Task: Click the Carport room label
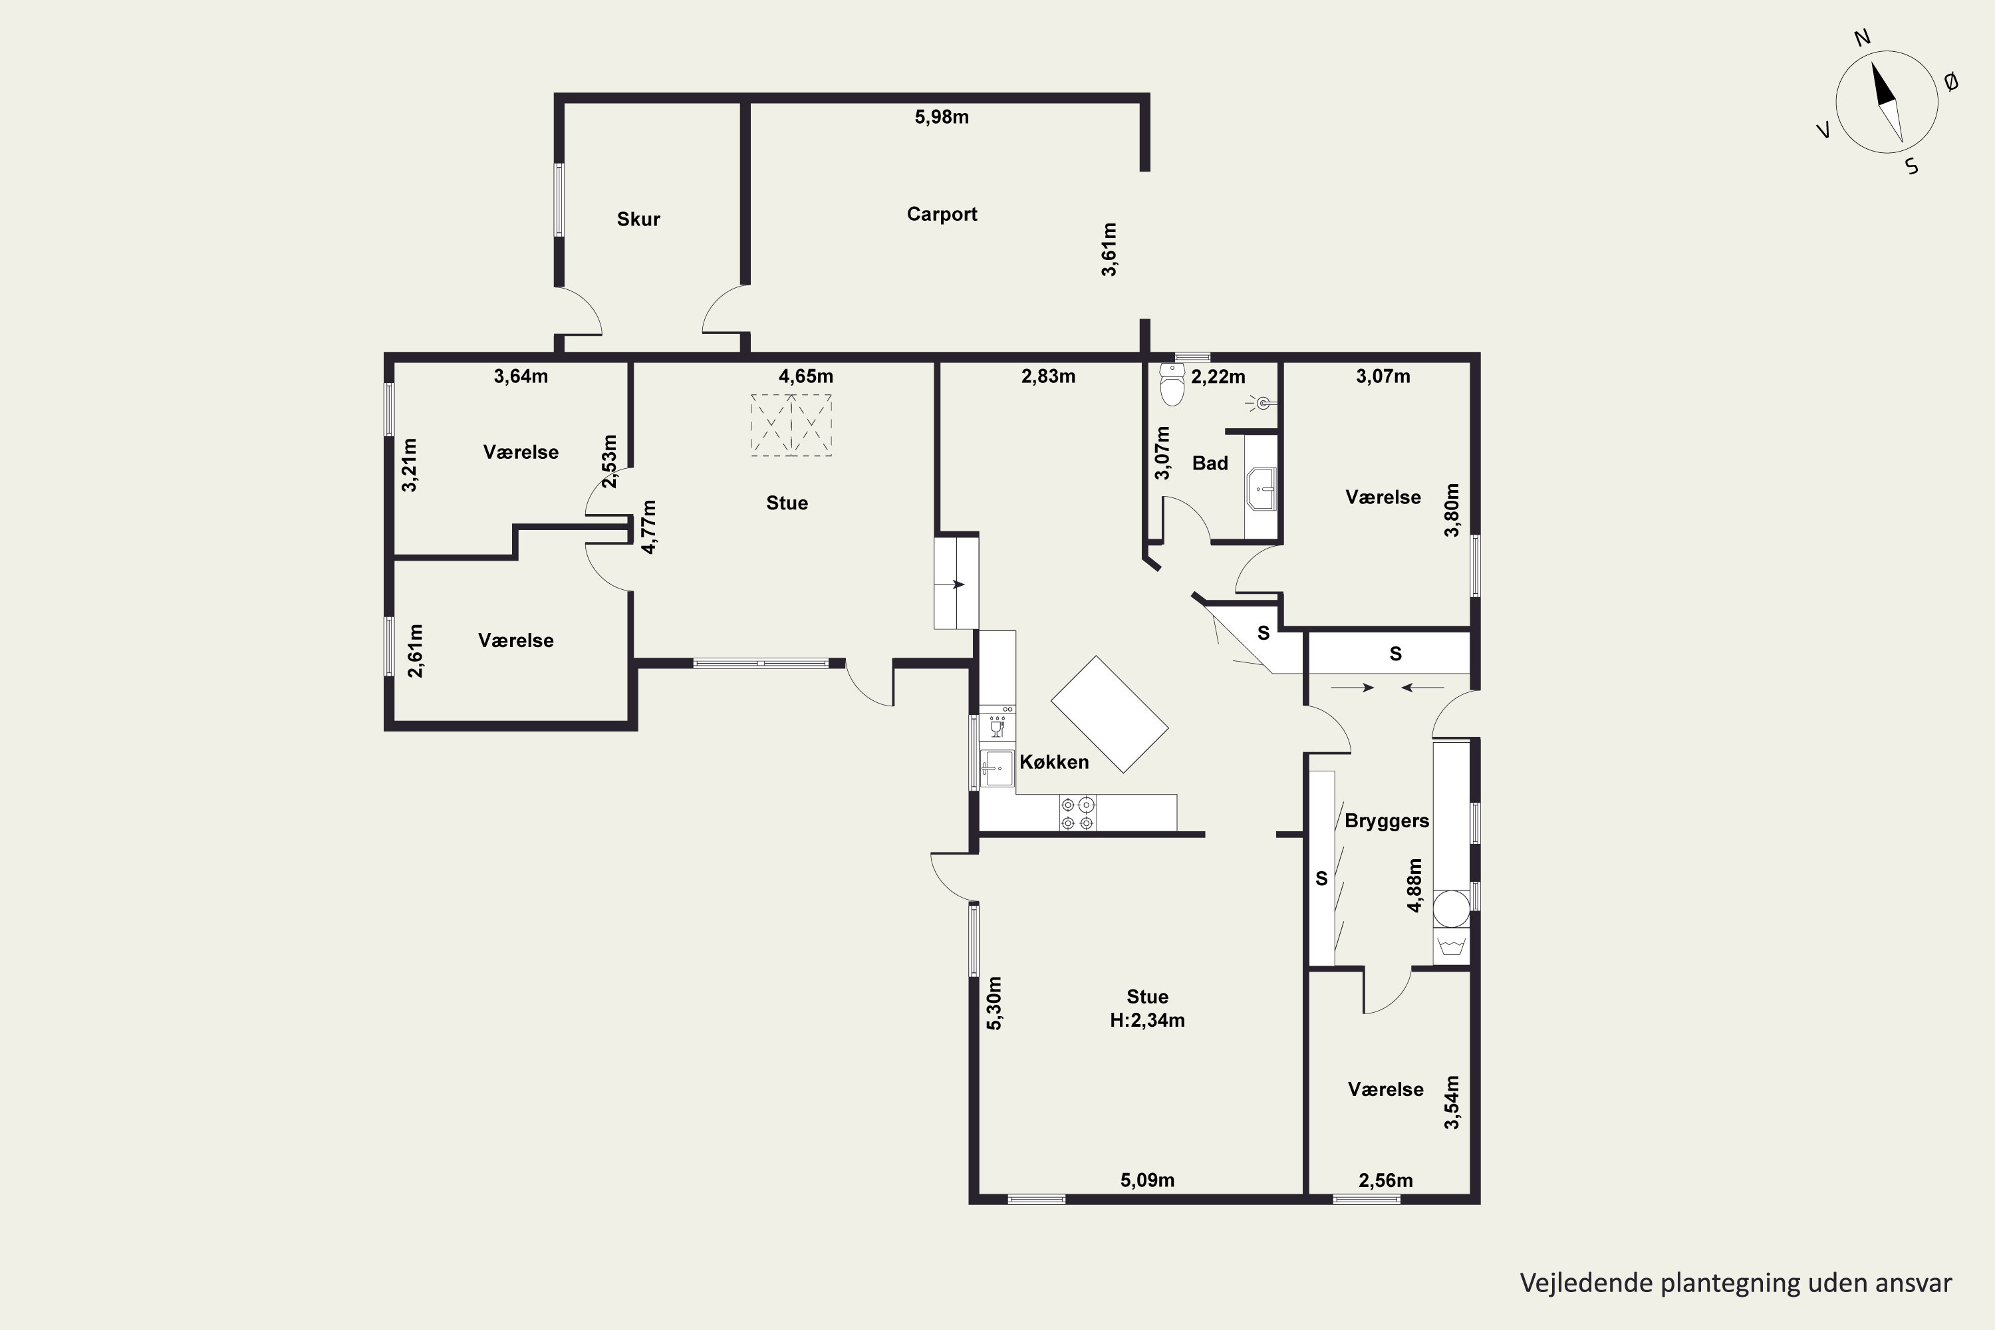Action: click(942, 213)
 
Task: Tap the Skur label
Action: click(638, 219)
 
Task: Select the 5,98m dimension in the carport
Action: click(942, 117)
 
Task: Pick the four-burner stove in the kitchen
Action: click(1077, 813)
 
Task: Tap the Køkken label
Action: click(1054, 761)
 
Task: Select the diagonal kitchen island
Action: click(1109, 714)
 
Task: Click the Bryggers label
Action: click(1387, 821)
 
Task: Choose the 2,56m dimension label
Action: click(1386, 1180)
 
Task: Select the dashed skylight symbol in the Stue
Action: click(791, 425)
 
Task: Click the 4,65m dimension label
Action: click(806, 376)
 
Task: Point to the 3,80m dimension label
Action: click(1452, 511)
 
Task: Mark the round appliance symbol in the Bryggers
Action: click(1450, 908)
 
